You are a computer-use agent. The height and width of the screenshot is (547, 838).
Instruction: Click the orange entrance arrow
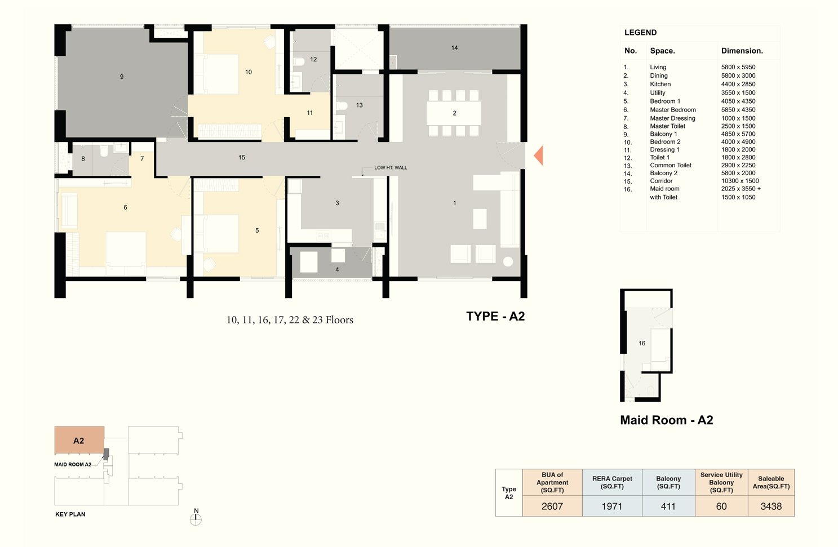[x=539, y=155]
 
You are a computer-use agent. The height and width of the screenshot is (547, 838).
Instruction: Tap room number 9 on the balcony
[x=122, y=77]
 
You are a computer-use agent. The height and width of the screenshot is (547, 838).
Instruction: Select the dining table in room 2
[x=454, y=113]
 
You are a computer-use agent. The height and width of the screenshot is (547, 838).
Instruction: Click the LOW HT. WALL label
[x=391, y=167]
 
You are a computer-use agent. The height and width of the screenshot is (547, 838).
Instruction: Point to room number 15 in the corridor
[x=242, y=157]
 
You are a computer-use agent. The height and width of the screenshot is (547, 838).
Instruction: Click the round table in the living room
[x=508, y=261]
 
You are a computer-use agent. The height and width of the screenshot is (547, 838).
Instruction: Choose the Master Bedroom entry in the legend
[x=673, y=109]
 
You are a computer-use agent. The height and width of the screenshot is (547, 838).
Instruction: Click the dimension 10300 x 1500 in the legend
[x=740, y=181]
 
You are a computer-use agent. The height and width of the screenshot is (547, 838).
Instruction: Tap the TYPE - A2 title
[x=495, y=316]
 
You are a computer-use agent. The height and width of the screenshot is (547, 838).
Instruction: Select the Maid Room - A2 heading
[x=666, y=420]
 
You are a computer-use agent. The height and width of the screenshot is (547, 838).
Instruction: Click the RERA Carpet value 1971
[x=612, y=506]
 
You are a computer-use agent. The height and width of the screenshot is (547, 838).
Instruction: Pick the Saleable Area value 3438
[x=771, y=506]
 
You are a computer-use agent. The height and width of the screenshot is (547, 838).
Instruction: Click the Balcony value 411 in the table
[x=668, y=506]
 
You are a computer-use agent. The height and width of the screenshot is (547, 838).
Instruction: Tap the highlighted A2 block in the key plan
[x=79, y=440]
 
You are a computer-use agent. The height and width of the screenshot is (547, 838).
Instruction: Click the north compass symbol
[x=196, y=517]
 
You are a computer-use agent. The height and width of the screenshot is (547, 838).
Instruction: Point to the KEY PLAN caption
[x=70, y=514]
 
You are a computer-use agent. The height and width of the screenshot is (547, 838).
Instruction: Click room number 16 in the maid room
[x=642, y=343]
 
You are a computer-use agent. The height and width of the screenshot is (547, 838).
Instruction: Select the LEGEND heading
[x=640, y=33]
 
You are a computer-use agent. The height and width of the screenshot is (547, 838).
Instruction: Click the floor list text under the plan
[x=290, y=320]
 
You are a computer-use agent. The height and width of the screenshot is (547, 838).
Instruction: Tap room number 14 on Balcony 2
[x=454, y=48]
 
